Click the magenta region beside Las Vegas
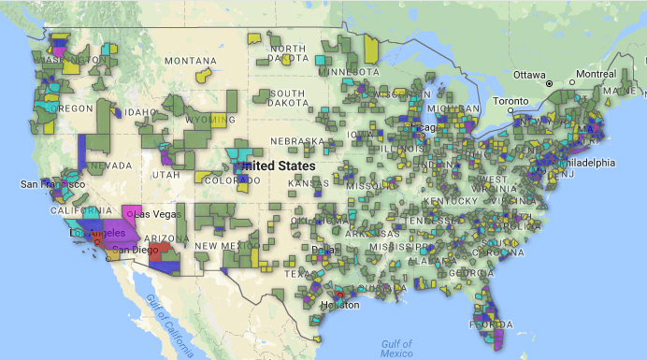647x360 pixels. pyautogui.click(x=132, y=213)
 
